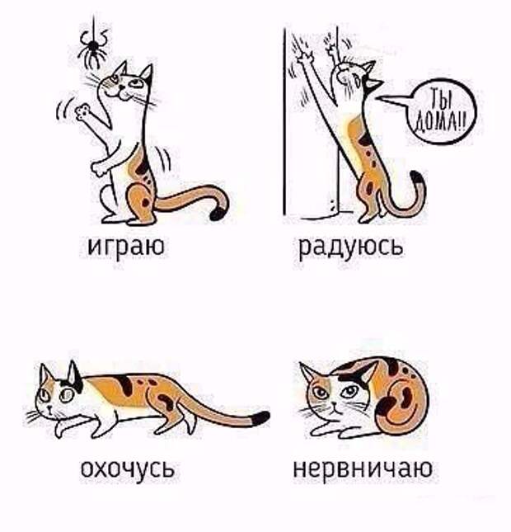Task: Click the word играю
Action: click(126, 247)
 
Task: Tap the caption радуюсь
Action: click(351, 247)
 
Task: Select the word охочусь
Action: click(129, 468)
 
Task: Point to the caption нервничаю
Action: click(363, 468)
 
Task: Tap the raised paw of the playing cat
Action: click(82, 111)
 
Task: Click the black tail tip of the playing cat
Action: click(218, 213)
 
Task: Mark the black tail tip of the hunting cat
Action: click(260, 417)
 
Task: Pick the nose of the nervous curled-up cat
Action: click(334, 405)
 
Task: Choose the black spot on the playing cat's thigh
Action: click(146, 203)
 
